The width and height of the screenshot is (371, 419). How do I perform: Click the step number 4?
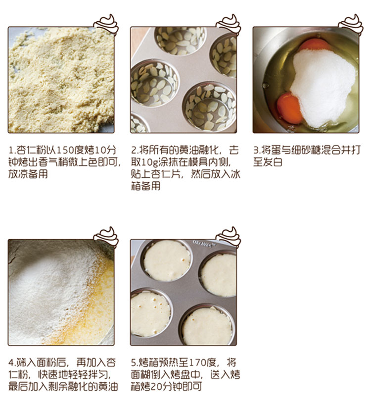tap(11, 363)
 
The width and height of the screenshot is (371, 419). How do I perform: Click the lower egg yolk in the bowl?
tap(289, 108)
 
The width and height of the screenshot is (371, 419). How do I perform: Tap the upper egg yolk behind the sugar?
tap(315, 45)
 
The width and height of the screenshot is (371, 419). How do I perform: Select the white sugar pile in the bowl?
tap(323, 87)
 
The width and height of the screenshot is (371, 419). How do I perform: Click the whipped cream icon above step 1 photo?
tap(106, 25)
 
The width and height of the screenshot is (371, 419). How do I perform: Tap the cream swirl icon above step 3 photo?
tap(351, 25)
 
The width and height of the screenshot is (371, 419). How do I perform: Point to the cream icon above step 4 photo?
tap(106, 237)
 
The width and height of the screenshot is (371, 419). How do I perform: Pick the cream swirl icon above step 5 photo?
tap(229, 237)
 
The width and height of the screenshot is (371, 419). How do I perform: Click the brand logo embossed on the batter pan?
tap(204, 244)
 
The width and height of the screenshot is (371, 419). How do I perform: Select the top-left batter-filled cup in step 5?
tap(167, 261)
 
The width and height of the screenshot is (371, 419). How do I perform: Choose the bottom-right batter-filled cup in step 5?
tap(207, 326)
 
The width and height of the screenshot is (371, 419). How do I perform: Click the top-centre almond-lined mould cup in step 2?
tap(180, 40)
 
